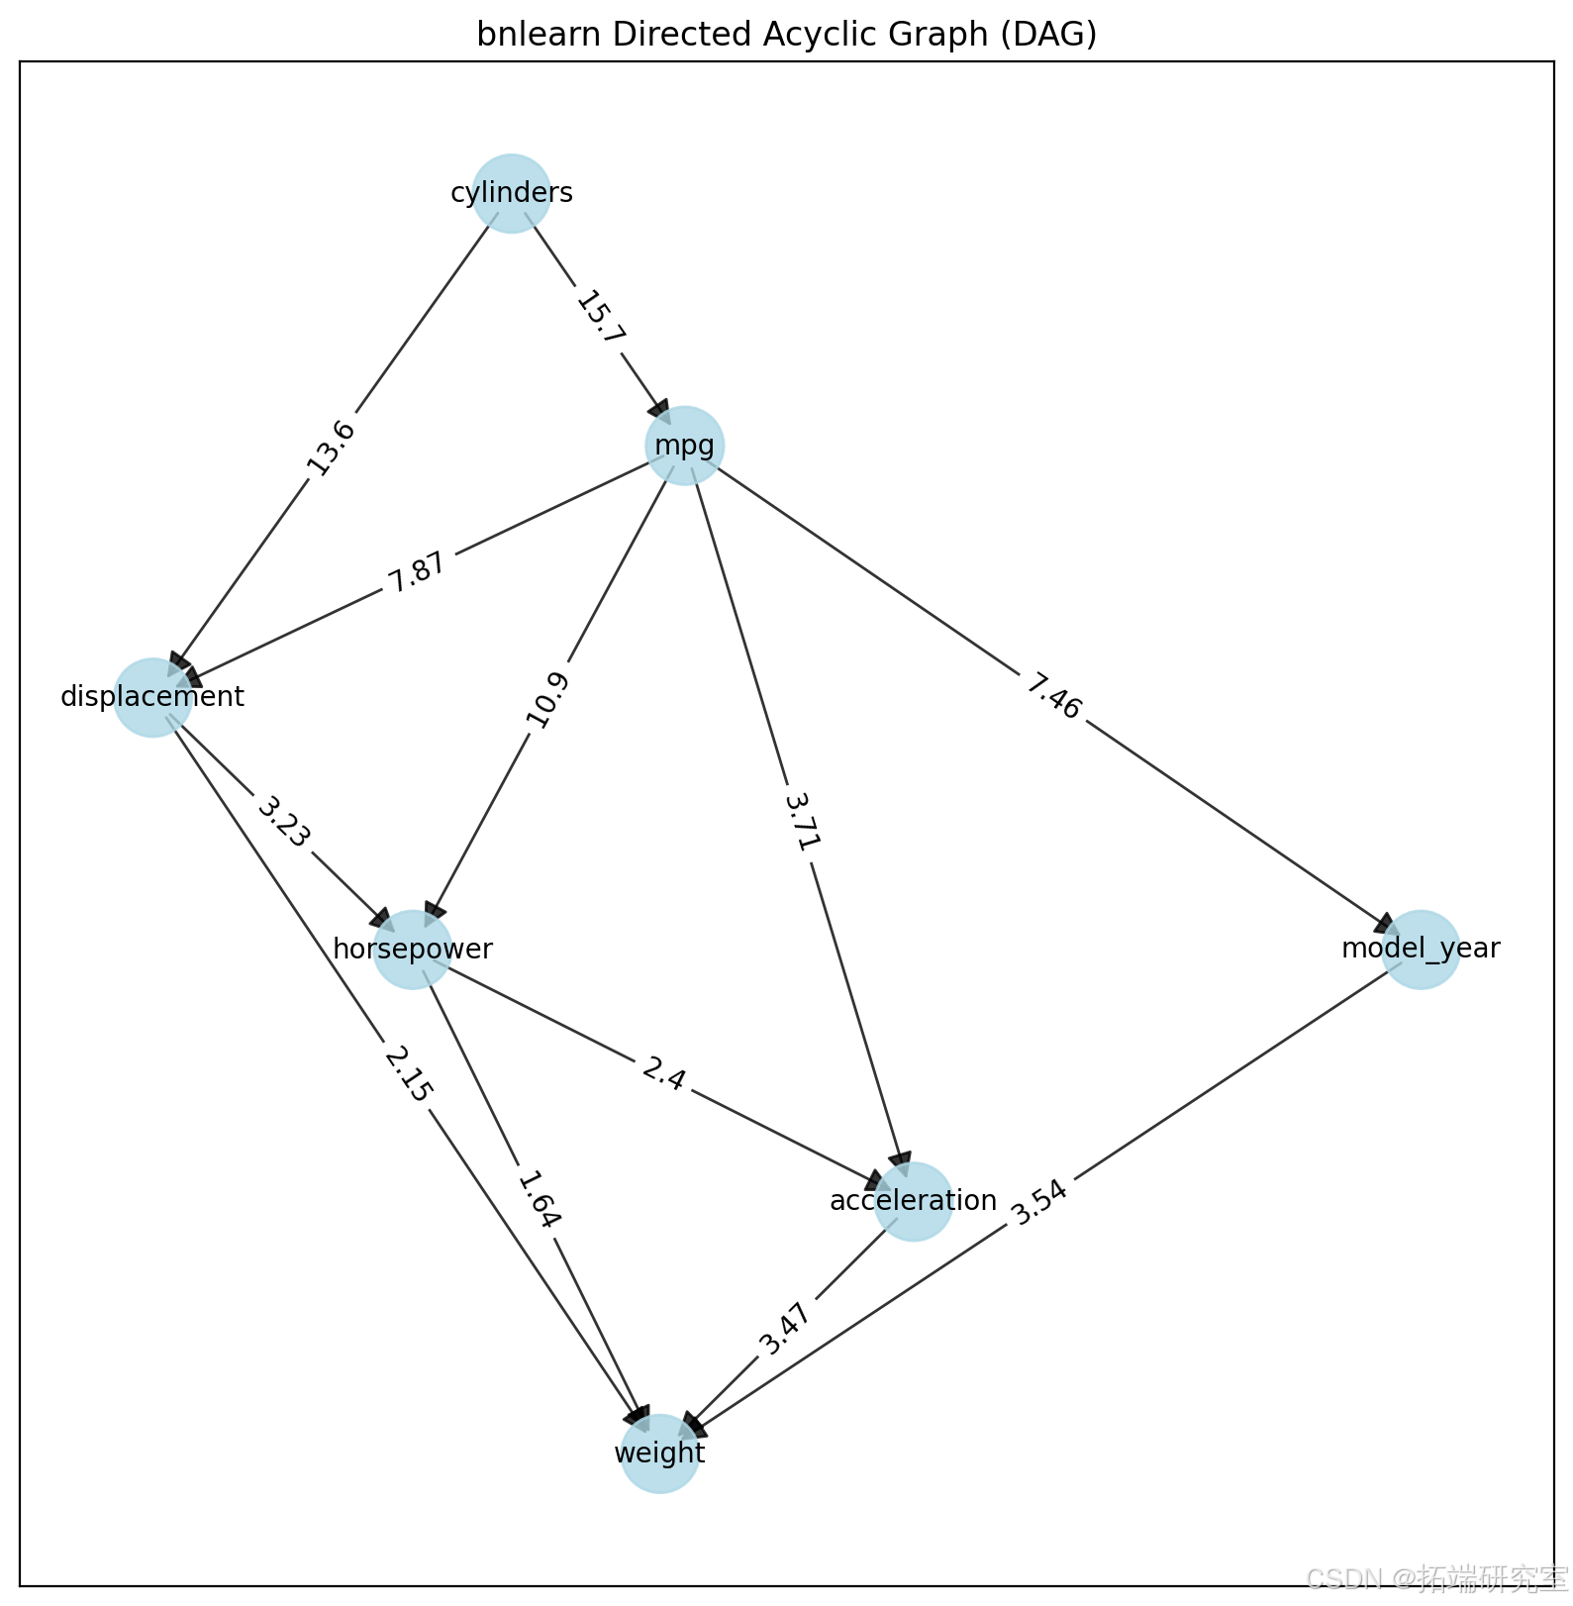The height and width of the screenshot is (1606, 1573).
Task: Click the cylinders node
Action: (x=511, y=193)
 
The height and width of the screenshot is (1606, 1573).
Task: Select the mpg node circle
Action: (x=684, y=446)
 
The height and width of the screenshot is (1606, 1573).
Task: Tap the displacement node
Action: (x=152, y=697)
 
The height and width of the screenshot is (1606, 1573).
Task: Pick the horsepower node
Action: (x=413, y=950)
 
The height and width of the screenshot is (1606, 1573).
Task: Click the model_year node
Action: (x=1421, y=950)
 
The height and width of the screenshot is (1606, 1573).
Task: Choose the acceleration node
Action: (x=914, y=1201)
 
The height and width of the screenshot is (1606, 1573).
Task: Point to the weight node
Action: (x=659, y=1454)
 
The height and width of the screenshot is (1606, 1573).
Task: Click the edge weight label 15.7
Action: (x=601, y=318)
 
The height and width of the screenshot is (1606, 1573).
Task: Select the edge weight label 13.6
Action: (x=331, y=448)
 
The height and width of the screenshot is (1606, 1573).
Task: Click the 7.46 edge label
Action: (x=1052, y=696)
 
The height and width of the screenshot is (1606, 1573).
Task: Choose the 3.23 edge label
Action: (x=284, y=822)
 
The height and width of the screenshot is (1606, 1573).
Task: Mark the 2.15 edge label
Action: (x=408, y=1075)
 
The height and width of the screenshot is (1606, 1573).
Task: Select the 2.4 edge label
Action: (x=662, y=1074)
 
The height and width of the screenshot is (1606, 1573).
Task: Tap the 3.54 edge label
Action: (x=1039, y=1201)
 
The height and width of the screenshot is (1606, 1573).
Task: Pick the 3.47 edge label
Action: (x=786, y=1329)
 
